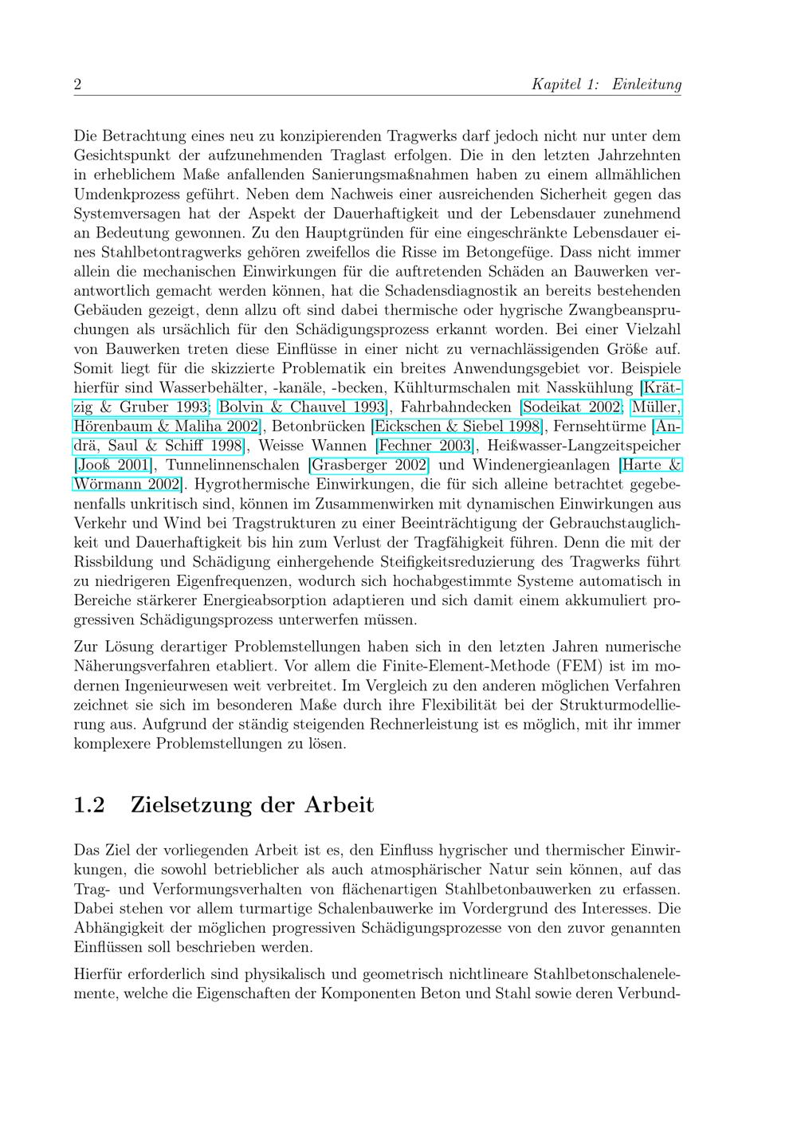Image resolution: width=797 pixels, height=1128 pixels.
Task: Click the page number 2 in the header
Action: [x=77, y=85]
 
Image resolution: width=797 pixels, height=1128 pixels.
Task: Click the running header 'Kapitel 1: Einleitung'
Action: [x=607, y=85]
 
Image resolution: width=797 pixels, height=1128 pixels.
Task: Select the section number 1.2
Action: [x=89, y=804]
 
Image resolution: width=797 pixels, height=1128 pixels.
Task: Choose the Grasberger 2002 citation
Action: [x=369, y=465]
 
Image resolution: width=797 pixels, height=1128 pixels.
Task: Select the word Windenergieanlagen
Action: [x=541, y=465]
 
